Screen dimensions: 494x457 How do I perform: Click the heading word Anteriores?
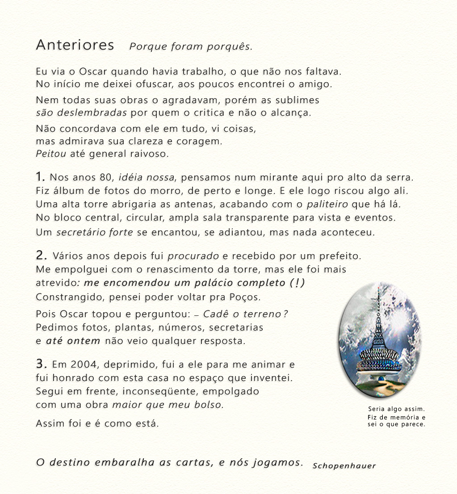(x=75, y=45)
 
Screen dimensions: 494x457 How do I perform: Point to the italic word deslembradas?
(x=92, y=112)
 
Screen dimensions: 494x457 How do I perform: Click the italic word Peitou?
(x=51, y=154)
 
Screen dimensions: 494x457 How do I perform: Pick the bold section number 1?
(x=40, y=176)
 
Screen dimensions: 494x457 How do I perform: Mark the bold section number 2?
(x=41, y=255)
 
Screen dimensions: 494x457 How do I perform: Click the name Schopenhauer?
(x=344, y=466)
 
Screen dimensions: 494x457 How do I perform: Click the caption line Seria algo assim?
(x=396, y=409)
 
